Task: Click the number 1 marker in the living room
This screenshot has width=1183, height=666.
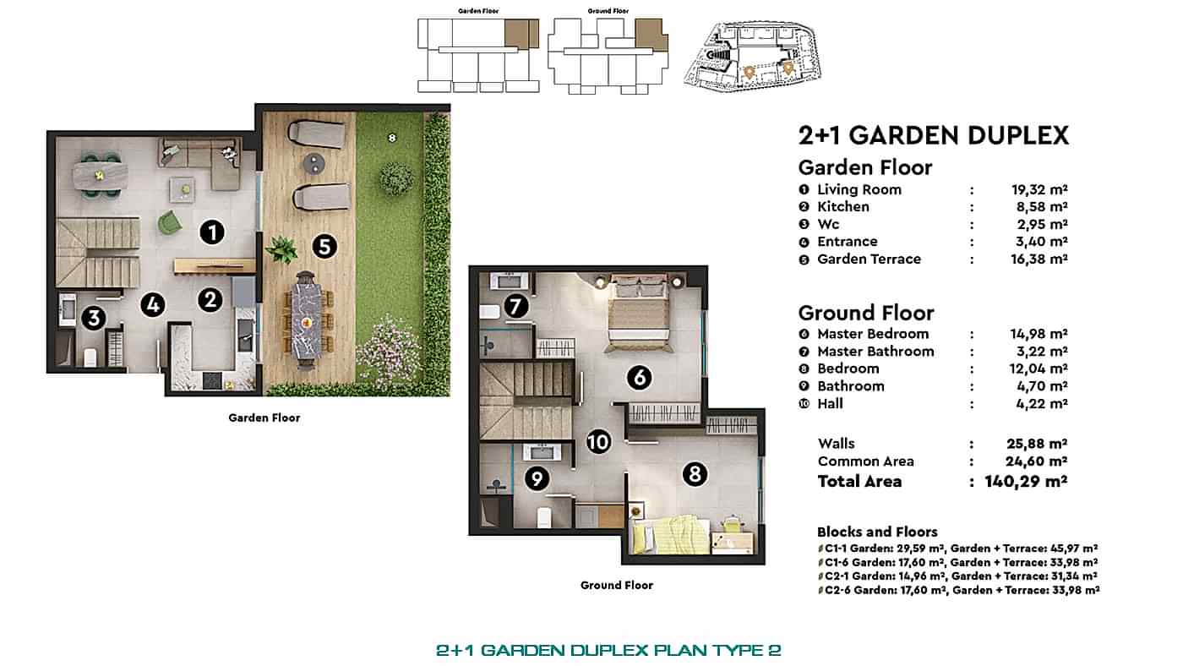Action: [211, 232]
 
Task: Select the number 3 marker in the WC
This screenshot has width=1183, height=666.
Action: [94, 319]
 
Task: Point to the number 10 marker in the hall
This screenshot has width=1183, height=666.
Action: [598, 441]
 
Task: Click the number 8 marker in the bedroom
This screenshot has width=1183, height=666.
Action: [694, 474]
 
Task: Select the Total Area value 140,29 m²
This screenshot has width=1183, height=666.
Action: [1026, 482]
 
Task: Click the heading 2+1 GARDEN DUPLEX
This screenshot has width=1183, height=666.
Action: [934, 135]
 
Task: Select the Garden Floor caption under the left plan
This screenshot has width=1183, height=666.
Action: [264, 418]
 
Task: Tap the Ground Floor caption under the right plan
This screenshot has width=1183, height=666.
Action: [616, 585]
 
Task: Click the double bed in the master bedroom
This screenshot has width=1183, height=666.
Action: [640, 313]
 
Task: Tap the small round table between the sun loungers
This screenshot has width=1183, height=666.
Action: [313, 162]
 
